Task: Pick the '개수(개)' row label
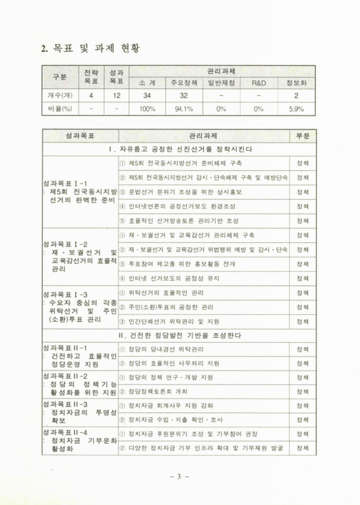57,97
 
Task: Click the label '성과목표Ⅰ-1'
63,184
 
